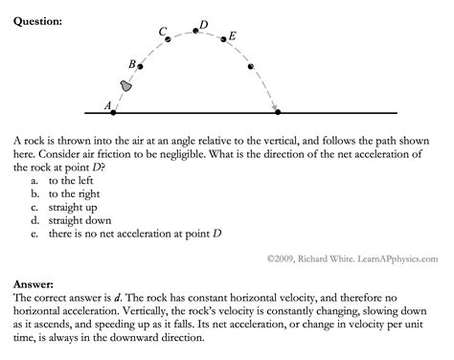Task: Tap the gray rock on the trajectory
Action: pos(125,86)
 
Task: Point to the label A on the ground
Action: pos(108,104)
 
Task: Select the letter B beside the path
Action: pos(132,63)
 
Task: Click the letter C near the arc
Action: pos(163,32)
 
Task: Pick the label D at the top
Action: pos(203,23)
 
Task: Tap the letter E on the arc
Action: pos(233,35)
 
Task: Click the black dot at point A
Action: pos(114,112)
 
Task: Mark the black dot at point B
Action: pos(141,67)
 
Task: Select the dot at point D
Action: pos(196,31)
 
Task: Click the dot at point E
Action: pos(224,39)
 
